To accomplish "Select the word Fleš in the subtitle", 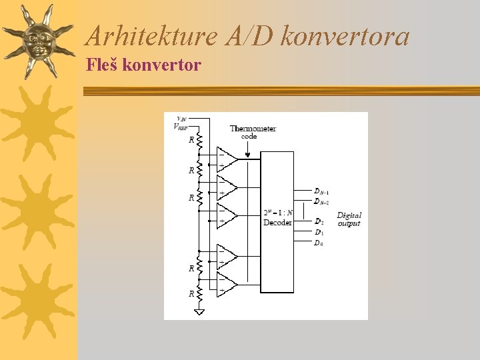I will click(103, 65).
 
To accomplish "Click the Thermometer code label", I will click(253, 132).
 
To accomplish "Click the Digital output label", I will click(349, 219).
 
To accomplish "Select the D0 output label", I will click(319, 243).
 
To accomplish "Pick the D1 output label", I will click(319, 233).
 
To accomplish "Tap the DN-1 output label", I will click(321, 192).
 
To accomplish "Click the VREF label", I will click(180, 126).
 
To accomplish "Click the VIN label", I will click(181, 119).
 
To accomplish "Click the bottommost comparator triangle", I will click(227, 285).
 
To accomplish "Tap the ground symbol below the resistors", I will click(199, 311).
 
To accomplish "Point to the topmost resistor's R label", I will click(191, 140).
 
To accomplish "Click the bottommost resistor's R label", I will click(191, 293).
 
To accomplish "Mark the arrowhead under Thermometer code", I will click(249, 157).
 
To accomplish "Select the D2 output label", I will click(319, 222).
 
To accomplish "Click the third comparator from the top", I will click(227, 215).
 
